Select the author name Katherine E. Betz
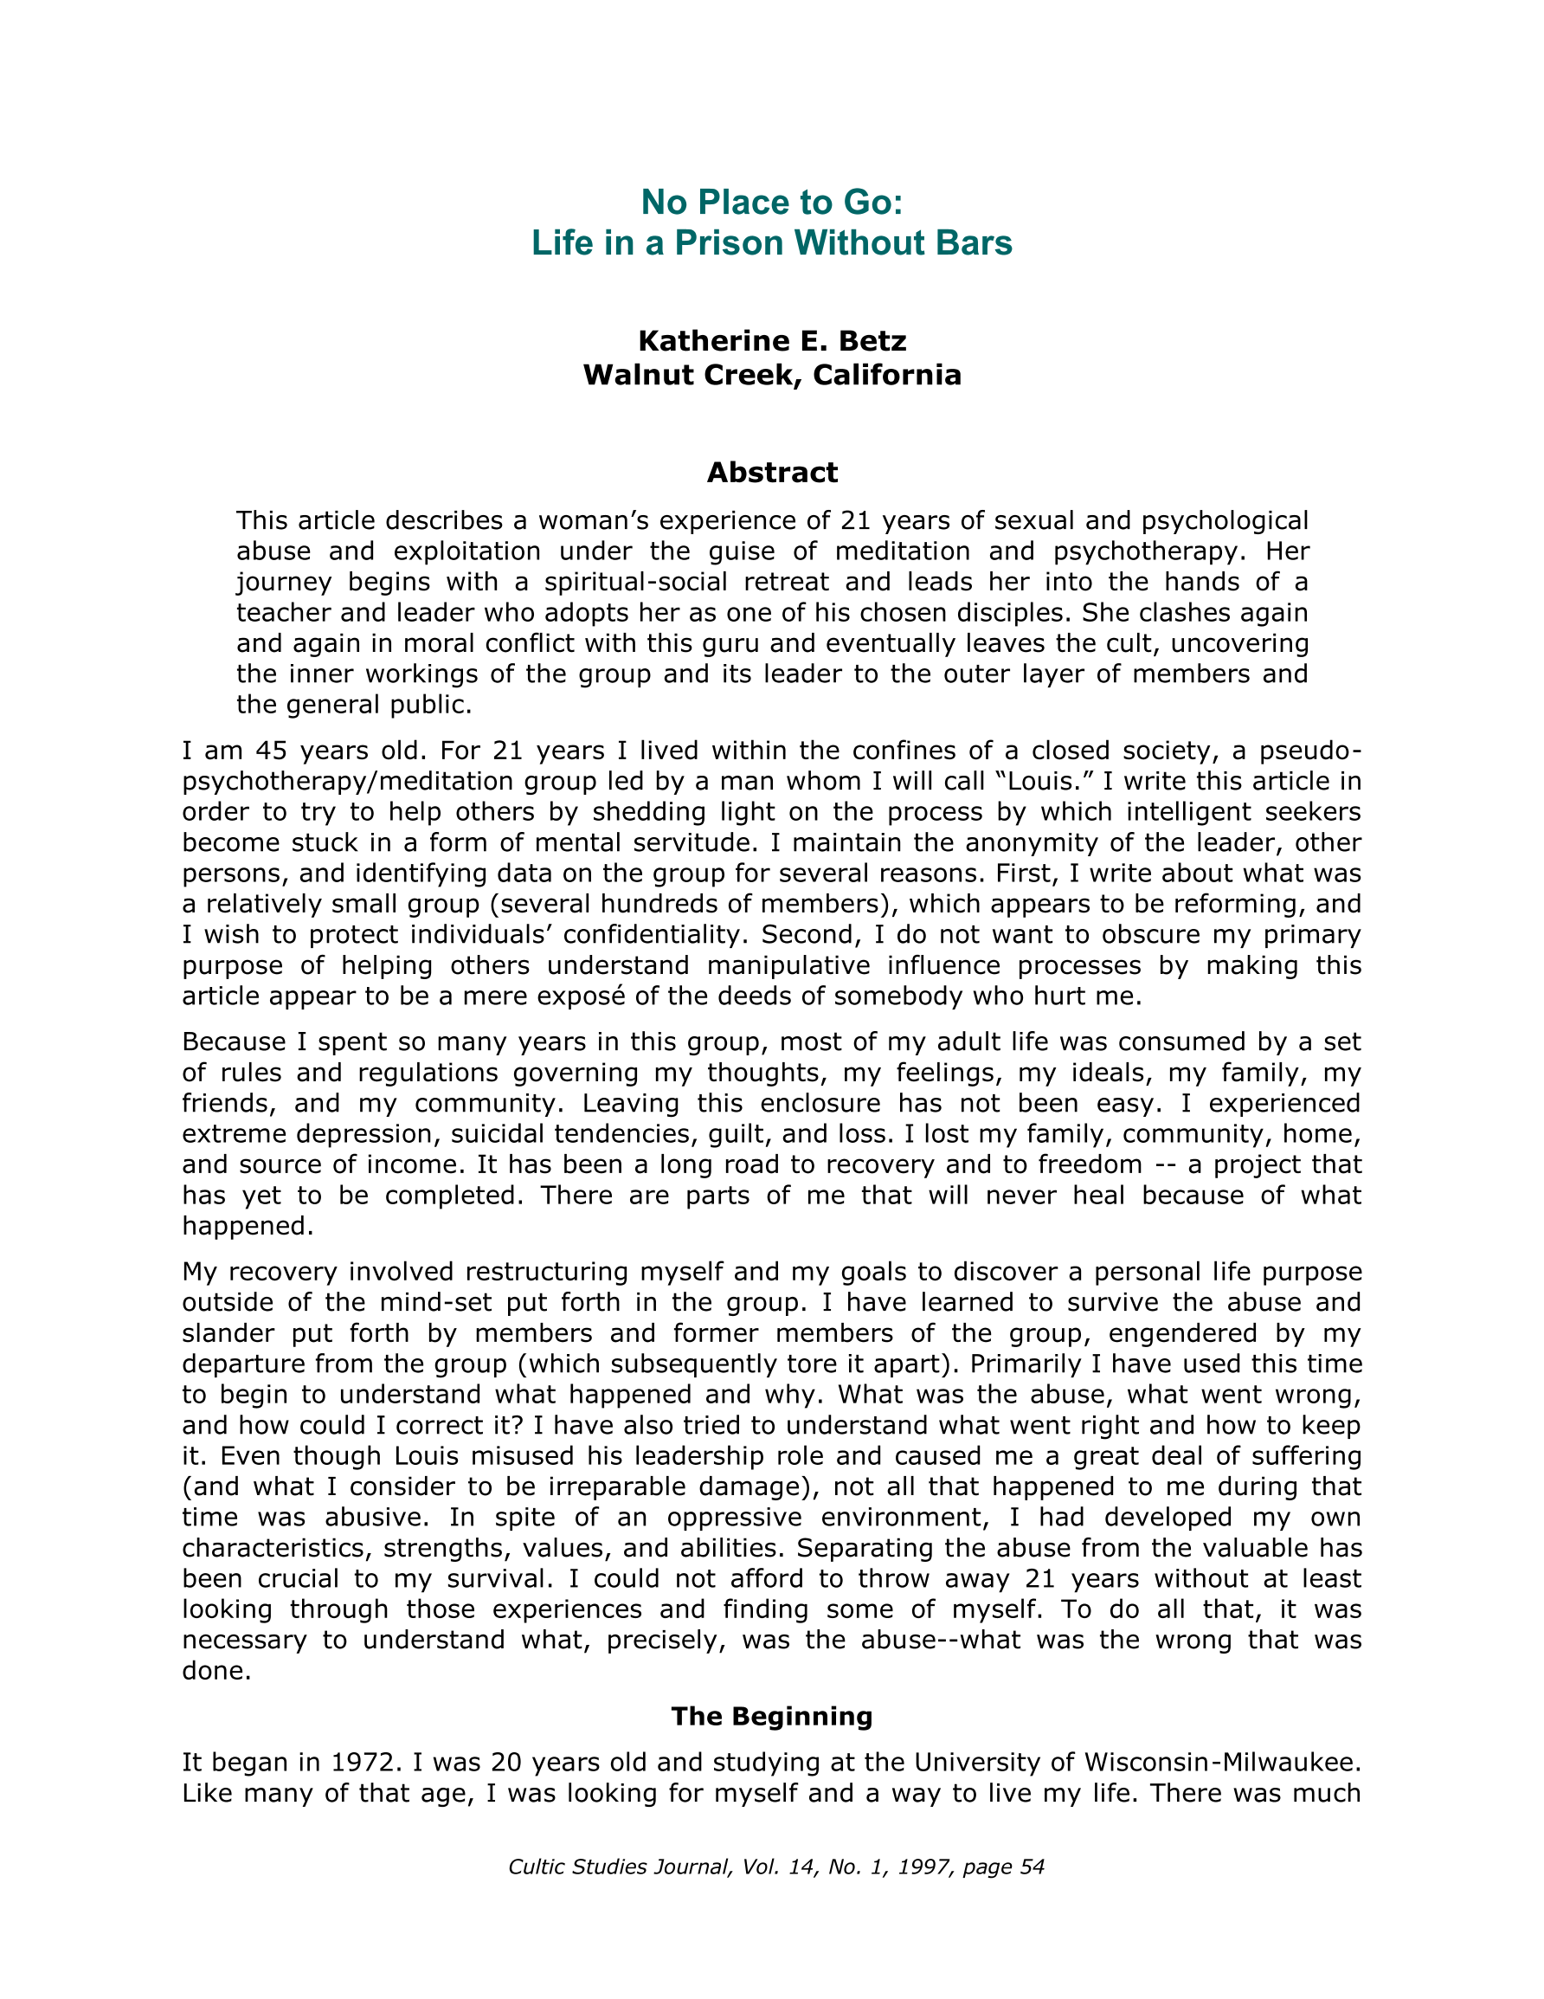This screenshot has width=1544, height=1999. coord(771,340)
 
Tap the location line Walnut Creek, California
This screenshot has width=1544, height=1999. coord(771,375)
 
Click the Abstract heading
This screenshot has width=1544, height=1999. coord(771,473)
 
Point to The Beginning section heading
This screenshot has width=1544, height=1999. coord(771,1716)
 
